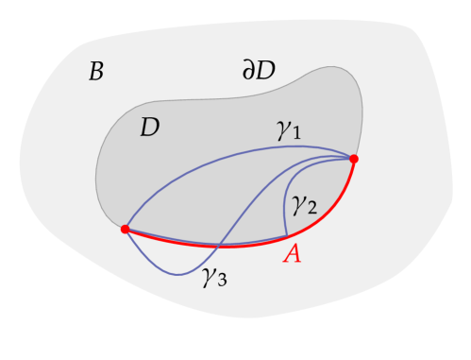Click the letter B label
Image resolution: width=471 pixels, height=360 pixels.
click(x=95, y=71)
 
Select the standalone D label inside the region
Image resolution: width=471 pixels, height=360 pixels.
click(x=149, y=128)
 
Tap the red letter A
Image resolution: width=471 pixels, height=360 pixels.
click(x=293, y=254)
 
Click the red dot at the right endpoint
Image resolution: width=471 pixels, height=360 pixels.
click(x=354, y=159)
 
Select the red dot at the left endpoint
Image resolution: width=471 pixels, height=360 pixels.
click(x=125, y=229)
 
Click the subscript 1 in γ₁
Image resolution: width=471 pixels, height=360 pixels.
click(x=295, y=136)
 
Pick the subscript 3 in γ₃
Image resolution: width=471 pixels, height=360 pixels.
click(x=222, y=282)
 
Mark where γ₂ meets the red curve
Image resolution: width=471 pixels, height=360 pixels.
click(x=286, y=237)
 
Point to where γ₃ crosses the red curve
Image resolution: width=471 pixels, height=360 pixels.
click(x=219, y=246)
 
